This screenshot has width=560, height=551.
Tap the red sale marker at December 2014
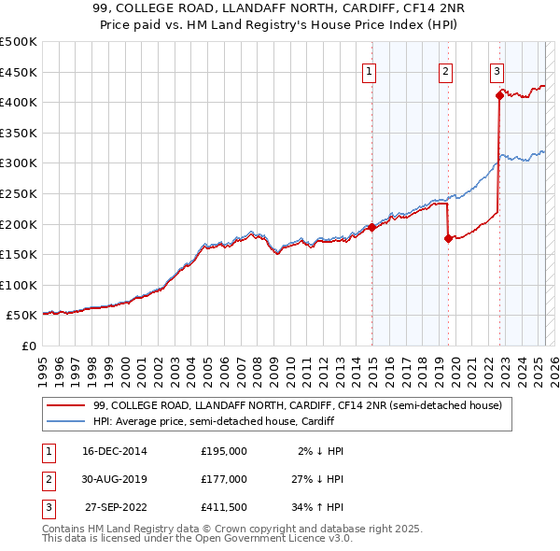click(371, 227)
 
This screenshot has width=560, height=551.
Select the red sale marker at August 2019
click(448, 238)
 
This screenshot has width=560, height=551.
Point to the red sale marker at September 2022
click(499, 94)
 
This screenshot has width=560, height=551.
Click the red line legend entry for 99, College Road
click(298, 405)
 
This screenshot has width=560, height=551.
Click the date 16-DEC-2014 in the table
click(114, 450)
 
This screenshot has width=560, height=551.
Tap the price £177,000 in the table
click(223, 478)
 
